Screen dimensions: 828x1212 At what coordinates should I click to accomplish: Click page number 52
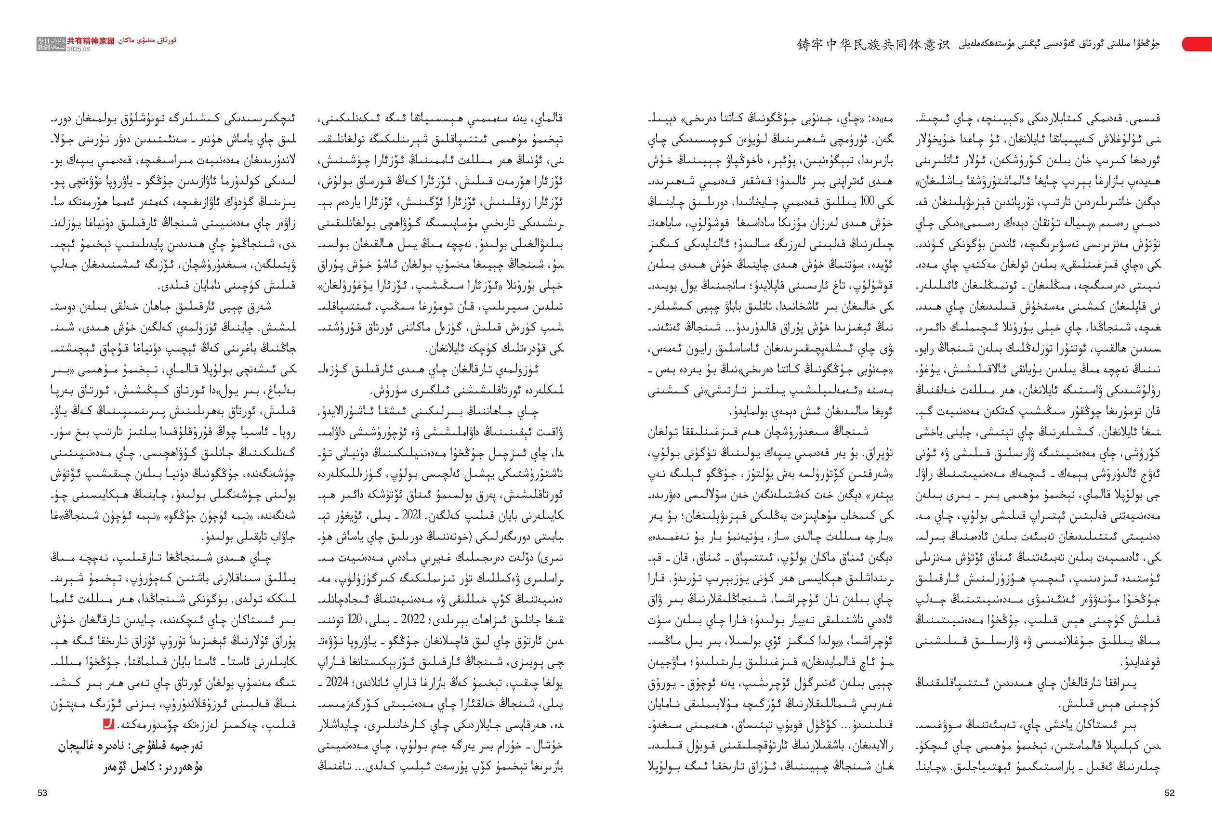[x=1169, y=792]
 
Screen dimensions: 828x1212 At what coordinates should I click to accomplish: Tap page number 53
[x=42, y=792]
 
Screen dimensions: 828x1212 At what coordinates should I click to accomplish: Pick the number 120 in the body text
[x=355, y=620]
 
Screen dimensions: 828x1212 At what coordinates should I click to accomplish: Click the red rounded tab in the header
[x=1197, y=44]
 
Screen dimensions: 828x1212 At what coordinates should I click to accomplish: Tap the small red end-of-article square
[x=108, y=724]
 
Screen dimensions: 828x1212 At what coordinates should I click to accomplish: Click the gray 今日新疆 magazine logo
[x=51, y=44]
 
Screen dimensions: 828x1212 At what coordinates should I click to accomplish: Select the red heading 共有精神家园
[x=90, y=40]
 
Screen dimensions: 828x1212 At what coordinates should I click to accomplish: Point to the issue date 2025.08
[x=78, y=49]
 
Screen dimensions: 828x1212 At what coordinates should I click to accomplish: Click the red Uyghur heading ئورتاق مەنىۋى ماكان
[x=147, y=40]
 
